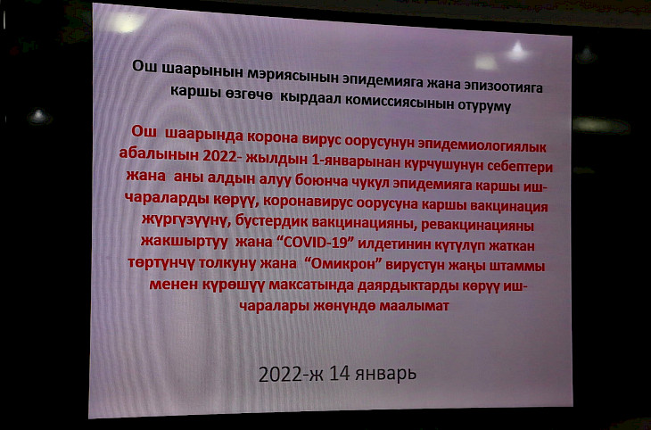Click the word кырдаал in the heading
309,97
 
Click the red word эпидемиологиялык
482,145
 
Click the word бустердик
271,222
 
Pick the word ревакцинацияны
477,226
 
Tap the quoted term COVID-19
316,243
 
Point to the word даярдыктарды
402,285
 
